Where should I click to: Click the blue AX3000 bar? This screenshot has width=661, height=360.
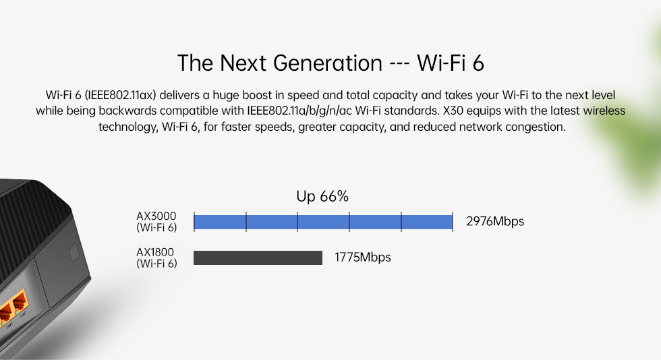pos(323,222)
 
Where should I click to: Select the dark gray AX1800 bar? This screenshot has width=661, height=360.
pos(258,258)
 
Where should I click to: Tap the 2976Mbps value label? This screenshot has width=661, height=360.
pos(495,221)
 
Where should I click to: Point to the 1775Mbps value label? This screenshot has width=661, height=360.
pos(363,257)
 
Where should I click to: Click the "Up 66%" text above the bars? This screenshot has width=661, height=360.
pos(322,196)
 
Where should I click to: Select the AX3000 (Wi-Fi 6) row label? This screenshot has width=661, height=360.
pos(156,222)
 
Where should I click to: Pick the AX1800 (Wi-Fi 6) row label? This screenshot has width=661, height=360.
pos(156,258)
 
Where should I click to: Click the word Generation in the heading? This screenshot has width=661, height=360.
pos(328,63)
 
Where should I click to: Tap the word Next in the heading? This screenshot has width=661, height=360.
pos(243,63)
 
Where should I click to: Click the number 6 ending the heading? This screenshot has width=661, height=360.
pos(478,63)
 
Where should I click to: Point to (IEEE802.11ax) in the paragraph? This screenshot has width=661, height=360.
pos(121,95)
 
